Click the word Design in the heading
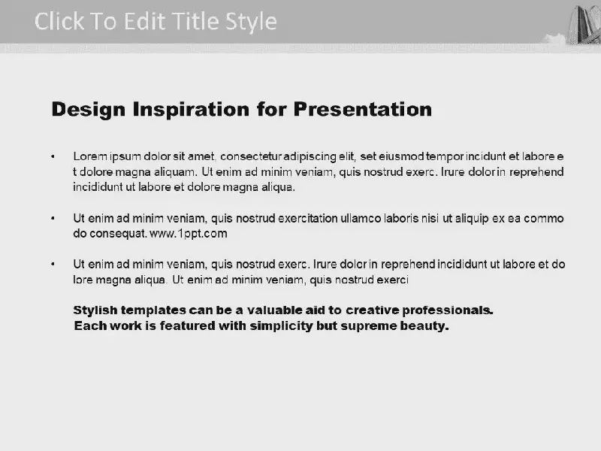(89, 110)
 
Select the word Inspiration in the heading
(192, 110)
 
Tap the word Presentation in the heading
(363, 110)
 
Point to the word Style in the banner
(251, 23)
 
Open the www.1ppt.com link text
(189, 234)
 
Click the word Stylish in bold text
(95, 310)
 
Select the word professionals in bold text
(447, 310)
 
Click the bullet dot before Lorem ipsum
(53, 156)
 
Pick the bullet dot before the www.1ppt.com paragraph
(53, 219)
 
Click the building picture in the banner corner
(584, 24)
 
